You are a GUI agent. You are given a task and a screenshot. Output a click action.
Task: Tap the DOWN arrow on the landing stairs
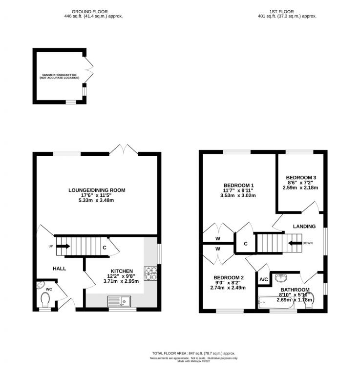295,243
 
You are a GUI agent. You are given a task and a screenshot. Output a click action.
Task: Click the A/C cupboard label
263,279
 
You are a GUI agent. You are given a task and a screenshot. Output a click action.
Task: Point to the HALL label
60,268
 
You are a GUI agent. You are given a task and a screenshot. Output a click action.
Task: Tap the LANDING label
304,226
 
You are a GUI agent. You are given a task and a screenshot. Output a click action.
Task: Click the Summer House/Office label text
60,76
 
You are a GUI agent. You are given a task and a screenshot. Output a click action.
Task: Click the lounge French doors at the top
125,149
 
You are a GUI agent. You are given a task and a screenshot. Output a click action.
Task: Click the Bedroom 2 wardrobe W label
217,249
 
